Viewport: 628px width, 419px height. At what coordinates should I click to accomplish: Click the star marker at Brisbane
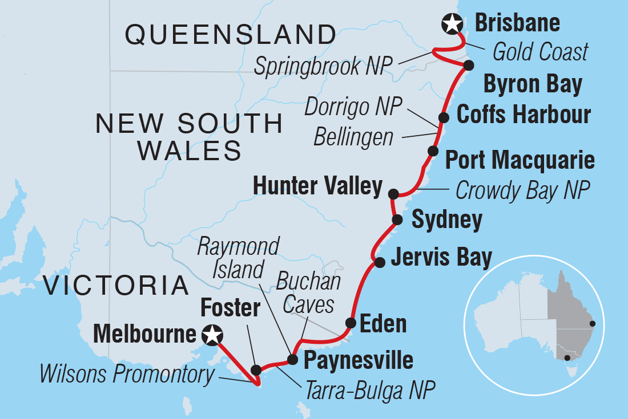(x=452, y=24)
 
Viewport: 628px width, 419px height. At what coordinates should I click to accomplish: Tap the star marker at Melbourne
(x=212, y=335)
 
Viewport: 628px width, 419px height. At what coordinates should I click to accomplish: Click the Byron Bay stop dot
(x=468, y=65)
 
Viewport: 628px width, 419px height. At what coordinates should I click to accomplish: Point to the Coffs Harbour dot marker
(x=443, y=117)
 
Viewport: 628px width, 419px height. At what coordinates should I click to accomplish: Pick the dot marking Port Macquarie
(x=433, y=151)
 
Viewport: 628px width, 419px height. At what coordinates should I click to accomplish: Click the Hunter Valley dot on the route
(x=393, y=194)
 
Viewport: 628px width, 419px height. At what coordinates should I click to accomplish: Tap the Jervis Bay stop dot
(x=379, y=262)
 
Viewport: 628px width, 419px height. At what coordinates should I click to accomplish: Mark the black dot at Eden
(x=350, y=323)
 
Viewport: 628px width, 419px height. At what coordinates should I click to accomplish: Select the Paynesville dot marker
(x=292, y=359)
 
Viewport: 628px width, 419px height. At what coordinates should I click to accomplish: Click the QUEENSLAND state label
(x=230, y=35)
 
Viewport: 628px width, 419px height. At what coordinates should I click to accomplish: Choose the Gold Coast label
(x=540, y=52)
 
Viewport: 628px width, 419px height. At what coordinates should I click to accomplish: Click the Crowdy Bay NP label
(x=522, y=190)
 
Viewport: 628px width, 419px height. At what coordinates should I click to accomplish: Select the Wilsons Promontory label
(x=127, y=375)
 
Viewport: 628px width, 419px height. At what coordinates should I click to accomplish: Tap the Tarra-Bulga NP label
(x=369, y=391)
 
